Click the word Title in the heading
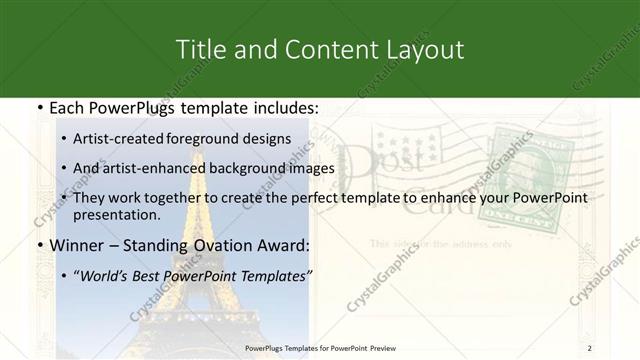(198, 49)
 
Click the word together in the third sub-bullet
(174, 198)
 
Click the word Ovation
(229, 245)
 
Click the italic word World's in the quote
(103, 275)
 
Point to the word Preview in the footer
(380, 348)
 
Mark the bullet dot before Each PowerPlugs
(39, 108)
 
